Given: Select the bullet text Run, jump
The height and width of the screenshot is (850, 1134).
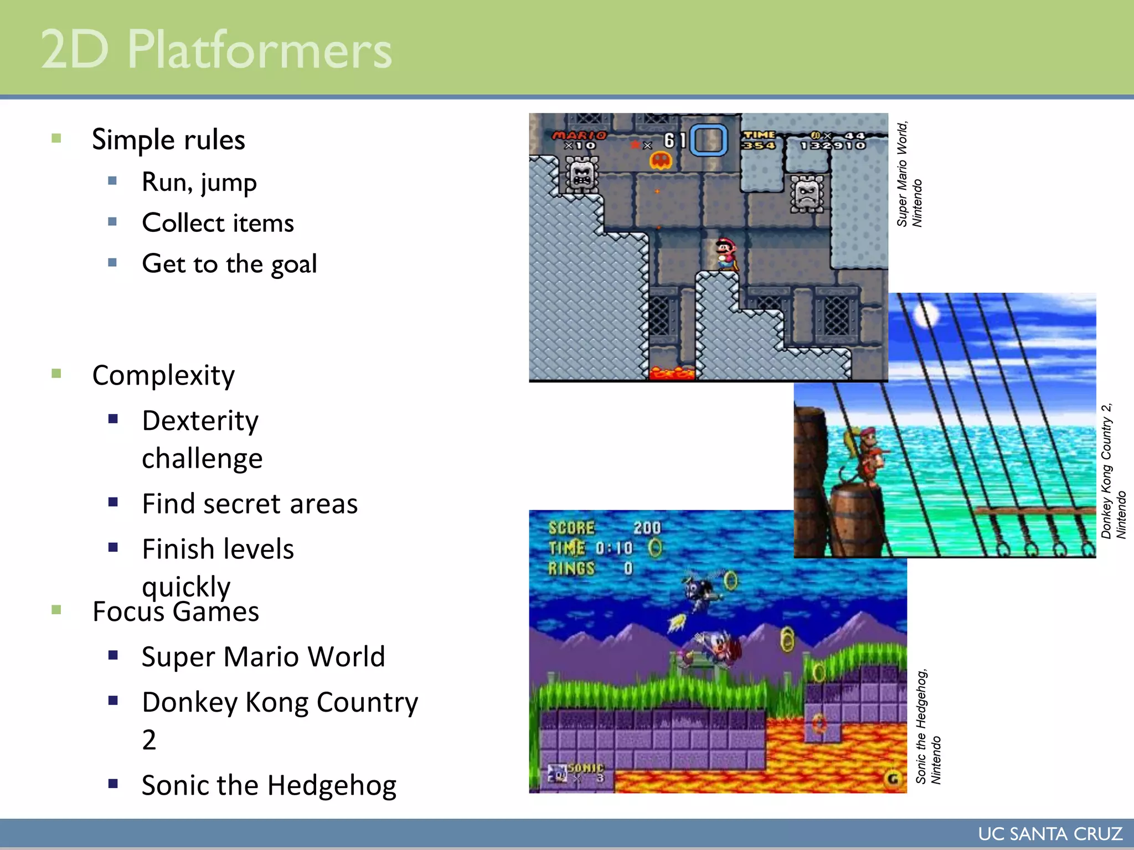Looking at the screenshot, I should pyautogui.click(x=199, y=182).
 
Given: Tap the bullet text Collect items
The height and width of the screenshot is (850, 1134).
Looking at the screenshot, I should pyautogui.click(x=218, y=223).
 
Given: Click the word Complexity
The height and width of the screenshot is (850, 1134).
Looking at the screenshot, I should pyautogui.click(x=163, y=375).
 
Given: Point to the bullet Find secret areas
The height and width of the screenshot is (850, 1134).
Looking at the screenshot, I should pyautogui.click(x=250, y=504).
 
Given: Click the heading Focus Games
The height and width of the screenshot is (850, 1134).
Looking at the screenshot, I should pyautogui.click(x=176, y=611).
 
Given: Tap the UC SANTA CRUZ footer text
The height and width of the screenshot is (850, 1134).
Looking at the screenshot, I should pyautogui.click(x=1050, y=834).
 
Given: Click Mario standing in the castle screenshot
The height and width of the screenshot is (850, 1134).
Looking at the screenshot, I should pyautogui.click(x=725, y=253).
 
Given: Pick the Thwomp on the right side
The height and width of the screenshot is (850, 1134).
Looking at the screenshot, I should pyautogui.click(x=807, y=194).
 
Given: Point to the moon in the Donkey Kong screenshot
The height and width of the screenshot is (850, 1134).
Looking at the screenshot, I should pyautogui.click(x=926, y=315).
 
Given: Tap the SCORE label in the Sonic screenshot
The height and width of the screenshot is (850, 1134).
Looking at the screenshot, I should pyautogui.click(x=571, y=528).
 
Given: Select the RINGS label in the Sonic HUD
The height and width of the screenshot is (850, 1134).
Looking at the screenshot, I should pyautogui.click(x=571, y=568).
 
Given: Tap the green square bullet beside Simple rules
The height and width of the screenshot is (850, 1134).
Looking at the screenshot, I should pyautogui.click(x=56, y=138).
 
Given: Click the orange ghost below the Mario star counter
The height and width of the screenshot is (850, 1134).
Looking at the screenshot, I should pyautogui.click(x=661, y=161).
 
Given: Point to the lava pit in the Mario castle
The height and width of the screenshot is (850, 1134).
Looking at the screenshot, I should pyautogui.click(x=671, y=373).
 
